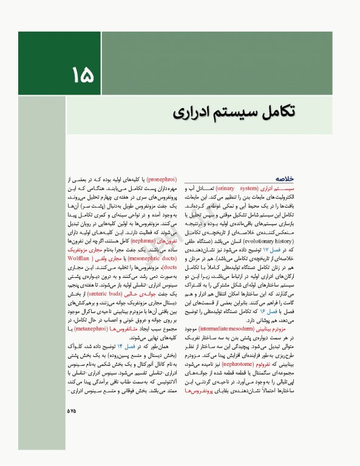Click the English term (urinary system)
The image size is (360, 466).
237,189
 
